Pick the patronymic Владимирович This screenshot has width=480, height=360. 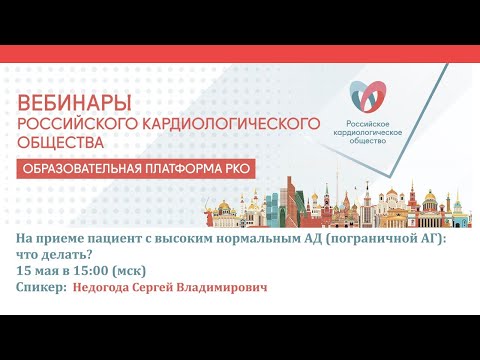[x=226, y=288]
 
